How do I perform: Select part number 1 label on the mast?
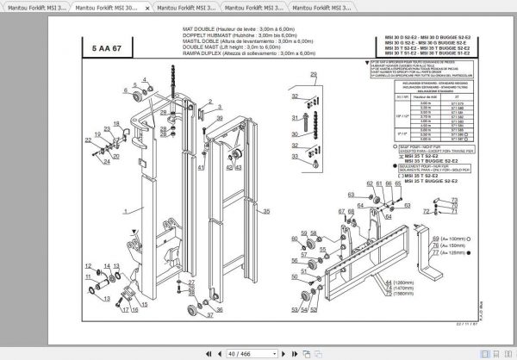(126, 211)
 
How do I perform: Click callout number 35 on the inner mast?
(266, 211)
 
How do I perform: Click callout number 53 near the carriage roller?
(295, 309)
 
